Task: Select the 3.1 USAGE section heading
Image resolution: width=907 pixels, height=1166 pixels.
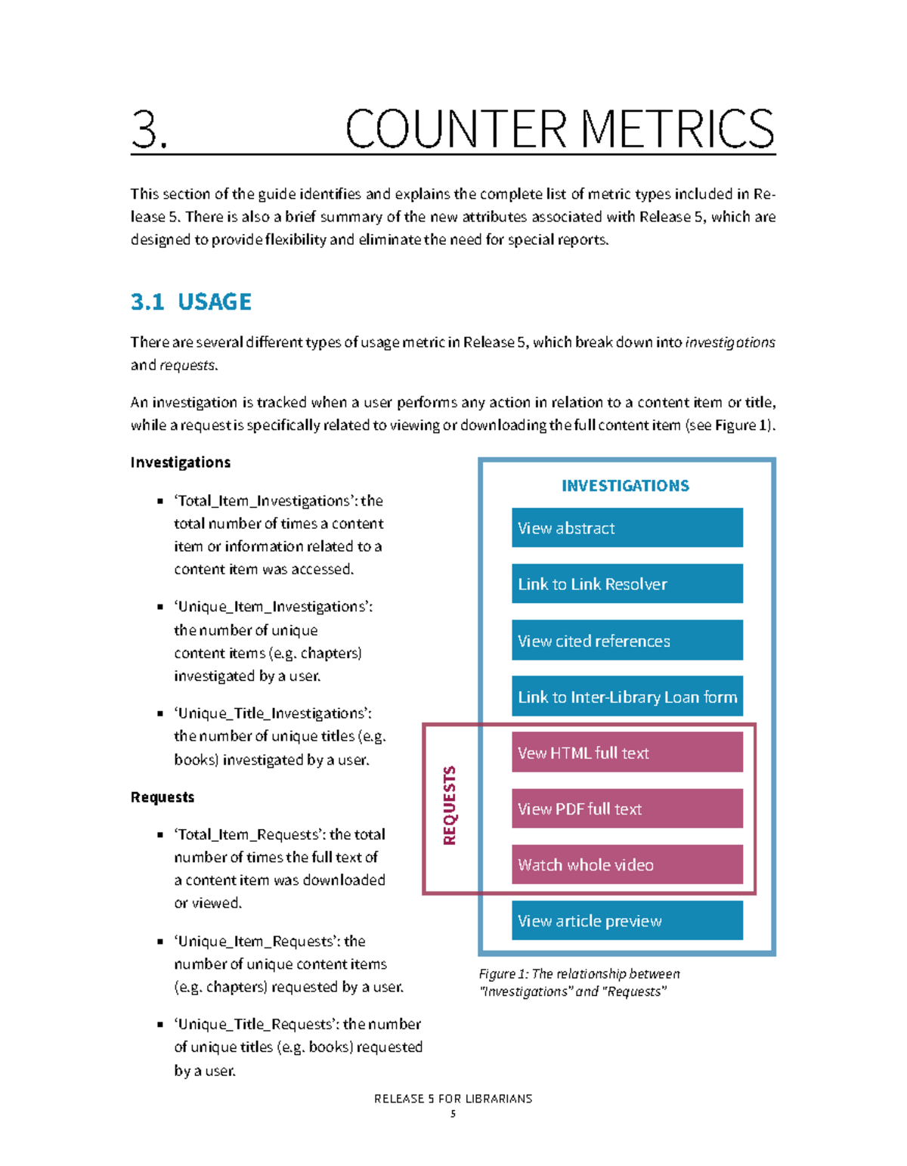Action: (190, 302)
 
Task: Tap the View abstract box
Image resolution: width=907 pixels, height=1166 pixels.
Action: (627, 527)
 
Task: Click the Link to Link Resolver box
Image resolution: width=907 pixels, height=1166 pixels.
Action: (627, 583)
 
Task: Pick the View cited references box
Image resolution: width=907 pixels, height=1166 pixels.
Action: (627, 640)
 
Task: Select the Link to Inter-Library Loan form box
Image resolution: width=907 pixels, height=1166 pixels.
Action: (627, 696)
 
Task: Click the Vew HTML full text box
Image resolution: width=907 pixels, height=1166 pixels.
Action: (627, 752)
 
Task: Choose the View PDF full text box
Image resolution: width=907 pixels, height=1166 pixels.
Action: (627, 808)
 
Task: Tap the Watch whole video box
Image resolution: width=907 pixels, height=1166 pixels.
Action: (627, 864)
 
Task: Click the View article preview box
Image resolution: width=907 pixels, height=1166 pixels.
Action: (627, 920)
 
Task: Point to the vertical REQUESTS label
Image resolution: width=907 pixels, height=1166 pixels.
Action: (450, 806)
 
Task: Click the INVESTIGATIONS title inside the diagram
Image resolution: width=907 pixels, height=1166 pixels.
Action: (625, 485)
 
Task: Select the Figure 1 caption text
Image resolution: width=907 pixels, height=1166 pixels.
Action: (579, 982)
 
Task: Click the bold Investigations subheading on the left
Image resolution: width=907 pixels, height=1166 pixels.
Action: (180, 462)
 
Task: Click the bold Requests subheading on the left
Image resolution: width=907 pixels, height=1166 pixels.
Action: (162, 796)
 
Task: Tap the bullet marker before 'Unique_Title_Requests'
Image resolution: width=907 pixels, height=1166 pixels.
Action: (160, 1025)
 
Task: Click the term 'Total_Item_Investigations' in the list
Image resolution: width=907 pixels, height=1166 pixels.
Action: (265, 500)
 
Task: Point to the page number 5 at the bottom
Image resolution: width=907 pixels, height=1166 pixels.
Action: (453, 1114)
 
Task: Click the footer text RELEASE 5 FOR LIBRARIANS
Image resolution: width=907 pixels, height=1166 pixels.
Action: (453, 1098)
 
